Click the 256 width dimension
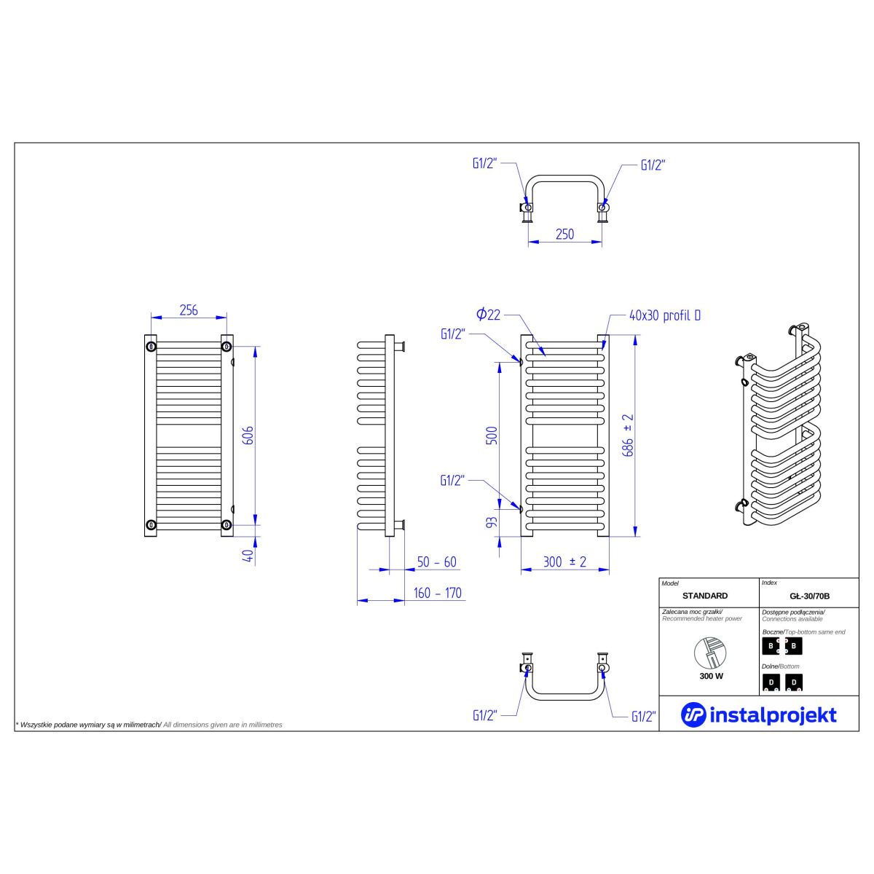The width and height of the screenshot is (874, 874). pyautogui.click(x=188, y=310)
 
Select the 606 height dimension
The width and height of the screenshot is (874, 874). pyautogui.click(x=249, y=436)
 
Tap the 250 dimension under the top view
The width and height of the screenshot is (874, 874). pyautogui.click(x=564, y=235)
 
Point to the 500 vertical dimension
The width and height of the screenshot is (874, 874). pyautogui.click(x=492, y=436)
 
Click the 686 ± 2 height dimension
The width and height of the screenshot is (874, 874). pyautogui.click(x=628, y=436)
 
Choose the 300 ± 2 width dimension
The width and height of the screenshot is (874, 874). pyautogui.click(x=564, y=562)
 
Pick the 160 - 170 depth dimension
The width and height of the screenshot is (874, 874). pyautogui.click(x=437, y=594)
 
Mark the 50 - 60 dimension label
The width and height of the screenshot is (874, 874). pyautogui.click(x=436, y=562)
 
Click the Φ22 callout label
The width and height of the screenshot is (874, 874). pyautogui.click(x=488, y=315)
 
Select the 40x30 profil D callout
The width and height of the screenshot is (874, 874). pyautogui.click(x=664, y=315)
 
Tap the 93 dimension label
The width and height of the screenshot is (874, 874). pyautogui.click(x=492, y=522)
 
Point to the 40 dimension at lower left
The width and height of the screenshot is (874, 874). pyautogui.click(x=249, y=556)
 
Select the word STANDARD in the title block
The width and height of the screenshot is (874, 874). pyautogui.click(x=705, y=596)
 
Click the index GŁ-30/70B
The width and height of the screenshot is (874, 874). pyautogui.click(x=810, y=597)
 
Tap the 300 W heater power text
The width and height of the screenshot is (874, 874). pyautogui.click(x=711, y=676)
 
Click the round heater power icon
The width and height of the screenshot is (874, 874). pyautogui.click(x=710, y=653)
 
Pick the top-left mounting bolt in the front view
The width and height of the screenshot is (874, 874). pyautogui.click(x=151, y=347)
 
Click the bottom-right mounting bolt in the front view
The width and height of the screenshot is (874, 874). pyautogui.click(x=227, y=524)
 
